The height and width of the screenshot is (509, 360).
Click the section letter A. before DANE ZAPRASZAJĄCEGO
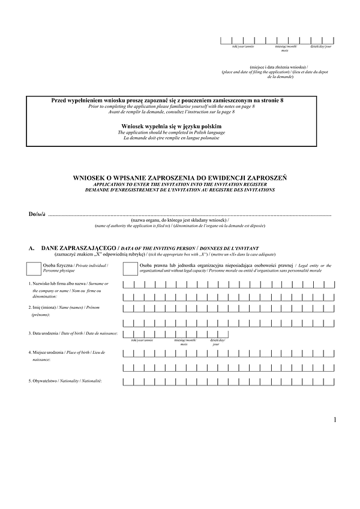(31, 247)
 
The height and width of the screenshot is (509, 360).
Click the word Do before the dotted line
(32, 214)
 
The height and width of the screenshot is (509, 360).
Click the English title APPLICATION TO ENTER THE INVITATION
(180, 184)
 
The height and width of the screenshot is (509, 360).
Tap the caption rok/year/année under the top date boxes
(230, 46)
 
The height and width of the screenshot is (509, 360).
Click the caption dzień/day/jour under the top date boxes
(321, 46)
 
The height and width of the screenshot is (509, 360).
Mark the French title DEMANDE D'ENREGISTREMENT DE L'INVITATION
(180, 189)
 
